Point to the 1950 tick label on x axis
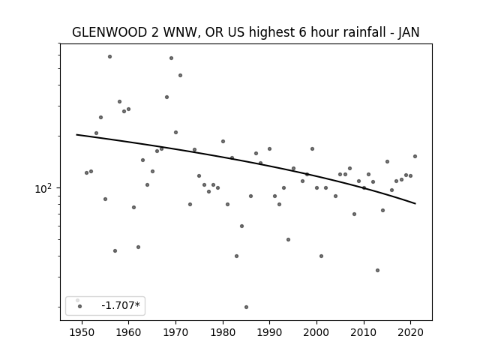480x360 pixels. click(82, 333)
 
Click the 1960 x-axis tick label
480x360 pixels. click(128, 333)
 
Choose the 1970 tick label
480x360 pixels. click(175, 333)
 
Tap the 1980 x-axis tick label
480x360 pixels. click(223, 333)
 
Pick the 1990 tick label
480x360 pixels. click(270, 333)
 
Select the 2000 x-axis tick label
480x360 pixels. click(316, 333)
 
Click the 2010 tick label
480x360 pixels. click(364, 333)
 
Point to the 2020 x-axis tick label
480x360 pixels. click(411, 333)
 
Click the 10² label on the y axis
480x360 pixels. click(43, 188)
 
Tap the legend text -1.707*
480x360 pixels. click(121, 305)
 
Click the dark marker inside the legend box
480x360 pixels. click(80, 306)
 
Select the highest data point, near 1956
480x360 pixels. click(110, 57)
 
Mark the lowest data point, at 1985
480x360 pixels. click(247, 307)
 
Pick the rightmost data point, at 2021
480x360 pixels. click(415, 157)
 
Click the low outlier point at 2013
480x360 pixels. click(377, 270)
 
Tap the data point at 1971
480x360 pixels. click(180, 75)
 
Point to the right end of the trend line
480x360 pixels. click(415, 203)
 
